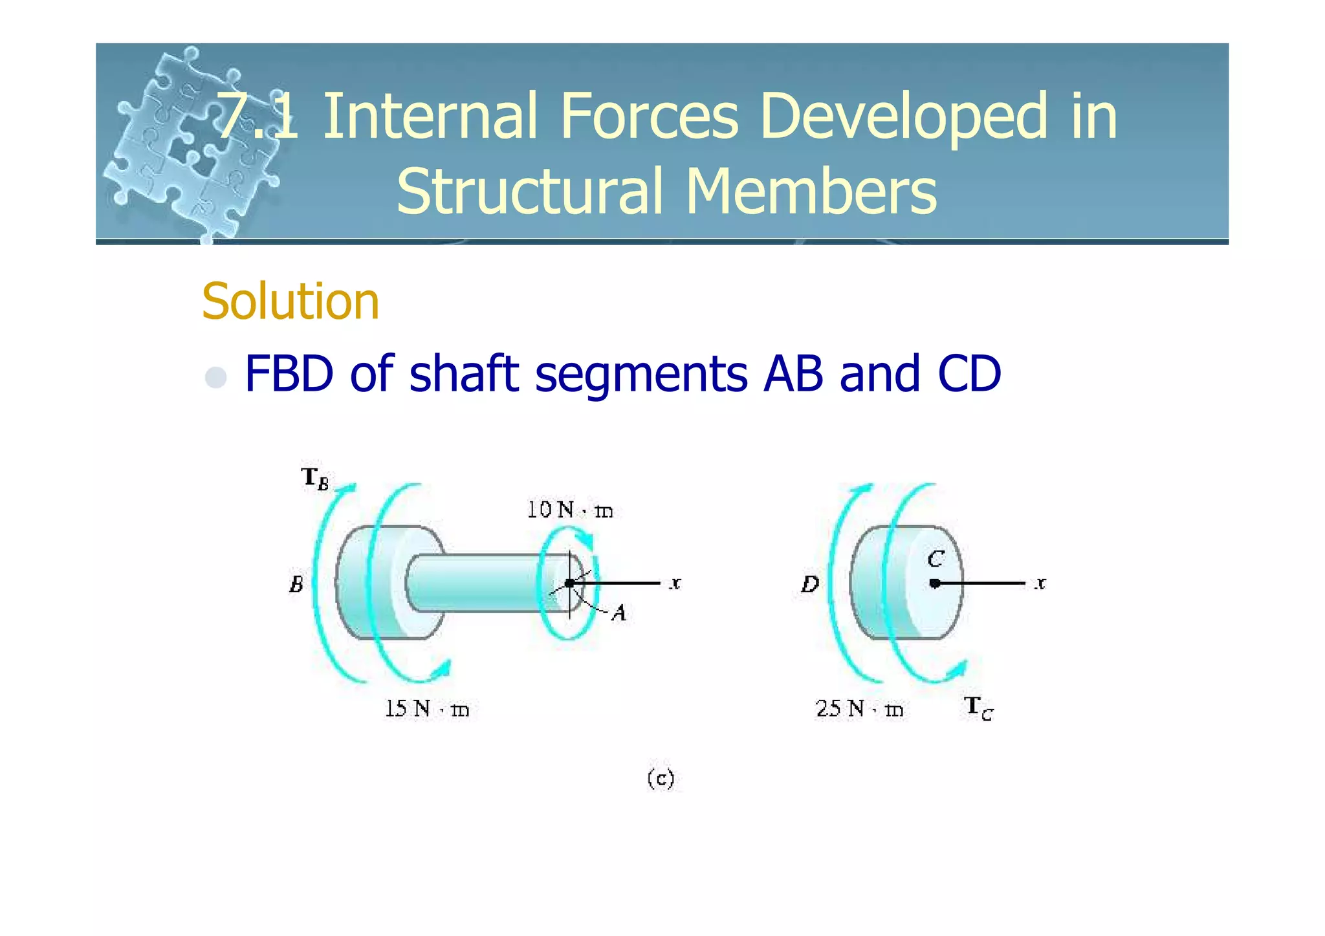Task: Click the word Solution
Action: click(290, 301)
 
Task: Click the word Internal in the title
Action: click(430, 116)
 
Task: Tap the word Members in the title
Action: click(811, 191)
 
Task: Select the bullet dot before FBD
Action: click(215, 377)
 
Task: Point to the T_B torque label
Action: click(315, 479)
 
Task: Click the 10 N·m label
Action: click(569, 510)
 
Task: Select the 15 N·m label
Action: click(426, 709)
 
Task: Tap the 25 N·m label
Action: click(859, 709)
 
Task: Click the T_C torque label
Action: click(978, 708)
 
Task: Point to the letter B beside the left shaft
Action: click(296, 585)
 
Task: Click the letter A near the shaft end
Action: click(619, 613)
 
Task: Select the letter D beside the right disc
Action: click(810, 585)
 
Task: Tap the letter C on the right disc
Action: click(936, 559)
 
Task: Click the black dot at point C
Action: click(934, 583)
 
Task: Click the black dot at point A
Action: click(569, 583)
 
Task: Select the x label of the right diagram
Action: click(1040, 583)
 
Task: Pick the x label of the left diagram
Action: click(675, 583)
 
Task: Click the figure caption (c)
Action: click(661, 778)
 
